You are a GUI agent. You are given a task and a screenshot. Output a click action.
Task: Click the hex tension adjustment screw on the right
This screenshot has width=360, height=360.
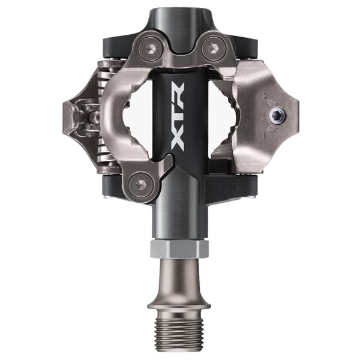(277, 116)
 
